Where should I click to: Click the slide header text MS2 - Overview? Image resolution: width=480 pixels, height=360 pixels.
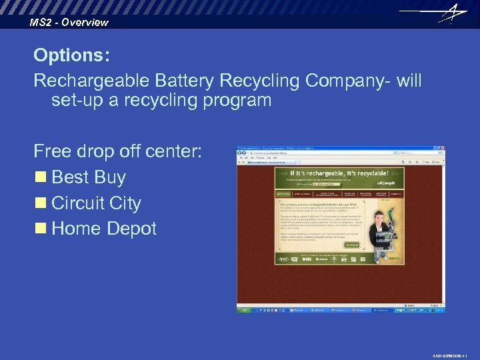69,23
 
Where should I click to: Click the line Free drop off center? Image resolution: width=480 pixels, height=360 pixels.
117,151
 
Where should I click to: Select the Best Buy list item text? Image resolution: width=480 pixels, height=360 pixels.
88,177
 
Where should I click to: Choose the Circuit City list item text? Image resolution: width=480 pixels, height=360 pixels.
96,203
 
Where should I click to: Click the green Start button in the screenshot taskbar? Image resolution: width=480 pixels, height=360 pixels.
245,310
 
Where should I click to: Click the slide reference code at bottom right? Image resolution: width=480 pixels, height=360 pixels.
454,355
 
